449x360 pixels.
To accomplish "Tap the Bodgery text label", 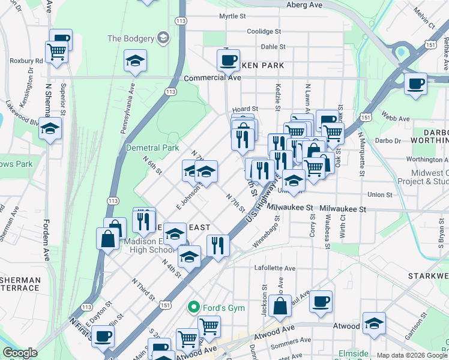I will (131, 38).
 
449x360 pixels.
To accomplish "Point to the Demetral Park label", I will (152, 148).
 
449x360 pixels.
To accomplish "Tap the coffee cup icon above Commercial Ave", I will (228, 60).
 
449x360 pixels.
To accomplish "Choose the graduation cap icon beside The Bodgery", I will (135, 61).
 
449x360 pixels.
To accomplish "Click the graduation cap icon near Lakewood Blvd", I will (50, 128).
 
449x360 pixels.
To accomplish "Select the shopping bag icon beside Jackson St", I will (280, 305).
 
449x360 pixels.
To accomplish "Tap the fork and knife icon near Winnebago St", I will (218, 245).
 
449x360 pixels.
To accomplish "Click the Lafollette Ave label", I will (275, 268).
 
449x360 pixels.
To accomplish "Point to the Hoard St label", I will (245, 109).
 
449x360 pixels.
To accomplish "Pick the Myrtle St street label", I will (233, 16).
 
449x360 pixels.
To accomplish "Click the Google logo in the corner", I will (20, 353).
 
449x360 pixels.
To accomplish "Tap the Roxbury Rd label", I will (26, 61).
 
